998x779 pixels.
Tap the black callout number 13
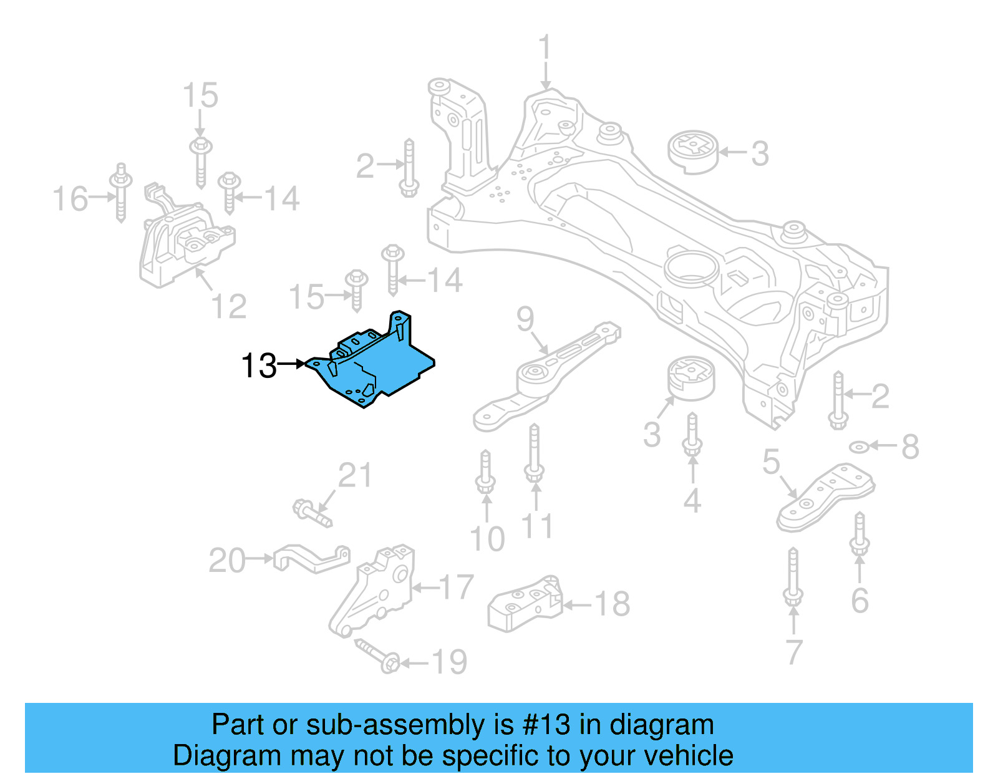pyautogui.click(x=259, y=365)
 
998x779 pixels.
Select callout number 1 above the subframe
pyautogui.click(x=545, y=48)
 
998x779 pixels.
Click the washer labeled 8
pyautogui.click(x=860, y=447)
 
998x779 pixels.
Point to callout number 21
pyautogui.click(x=355, y=475)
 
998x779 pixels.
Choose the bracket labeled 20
pyautogui.click(x=312, y=558)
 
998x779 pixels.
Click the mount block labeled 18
pyautogui.click(x=525, y=603)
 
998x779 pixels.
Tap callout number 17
pyautogui.click(x=457, y=587)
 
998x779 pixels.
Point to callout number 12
pyautogui.click(x=229, y=306)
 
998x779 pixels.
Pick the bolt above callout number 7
pyautogui.click(x=793, y=577)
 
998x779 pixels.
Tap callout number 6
pyautogui.click(x=860, y=601)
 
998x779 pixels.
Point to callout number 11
pyautogui.click(x=536, y=526)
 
